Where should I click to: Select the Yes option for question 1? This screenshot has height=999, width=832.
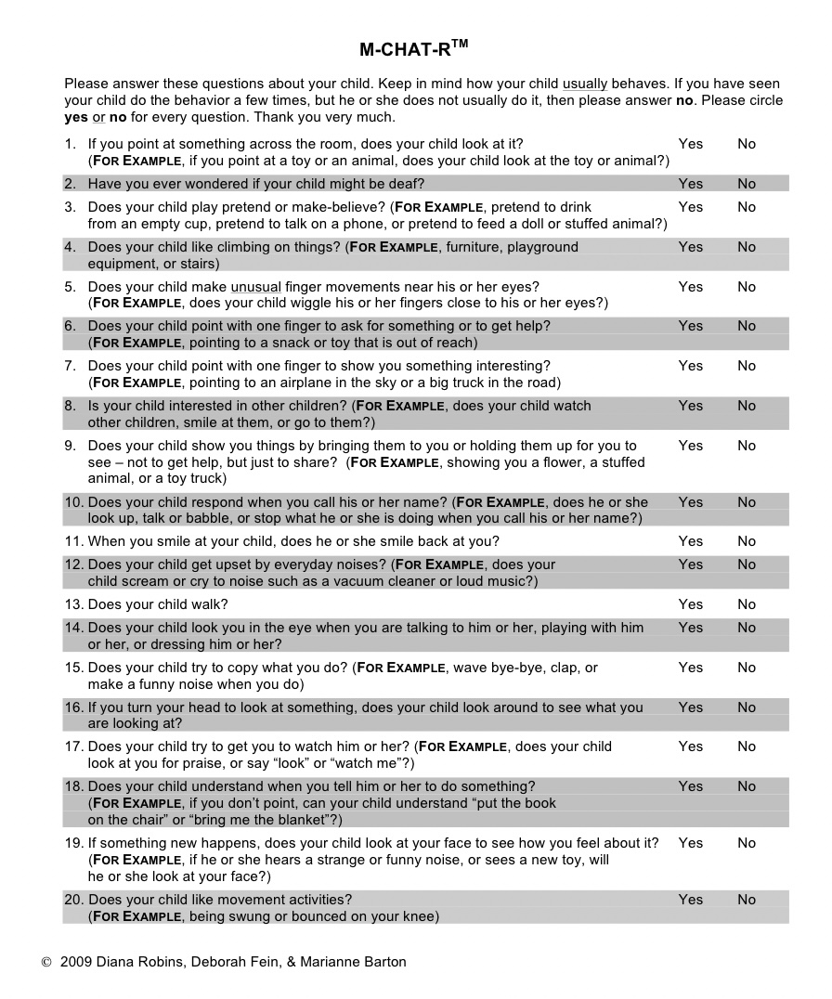click(690, 144)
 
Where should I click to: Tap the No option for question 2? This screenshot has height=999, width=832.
click(747, 184)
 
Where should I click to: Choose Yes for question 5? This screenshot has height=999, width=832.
click(690, 287)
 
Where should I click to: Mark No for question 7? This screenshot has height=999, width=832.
click(747, 366)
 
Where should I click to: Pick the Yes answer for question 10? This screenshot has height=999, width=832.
click(690, 502)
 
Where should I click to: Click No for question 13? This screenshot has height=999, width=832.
click(747, 604)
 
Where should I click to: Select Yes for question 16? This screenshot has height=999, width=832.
click(690, 707)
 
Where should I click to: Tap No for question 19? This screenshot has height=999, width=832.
click(747, 843)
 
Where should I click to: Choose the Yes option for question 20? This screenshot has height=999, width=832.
click(690, 900)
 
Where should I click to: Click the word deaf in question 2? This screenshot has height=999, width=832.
click(405, 184)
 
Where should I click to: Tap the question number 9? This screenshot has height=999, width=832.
click(71, 446)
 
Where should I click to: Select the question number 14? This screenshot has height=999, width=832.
click(73, 628)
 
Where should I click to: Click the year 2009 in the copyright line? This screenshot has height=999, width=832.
click(75, 962)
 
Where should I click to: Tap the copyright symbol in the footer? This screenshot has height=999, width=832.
click(46, 962)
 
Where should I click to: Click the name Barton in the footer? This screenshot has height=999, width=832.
click(383, 962)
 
